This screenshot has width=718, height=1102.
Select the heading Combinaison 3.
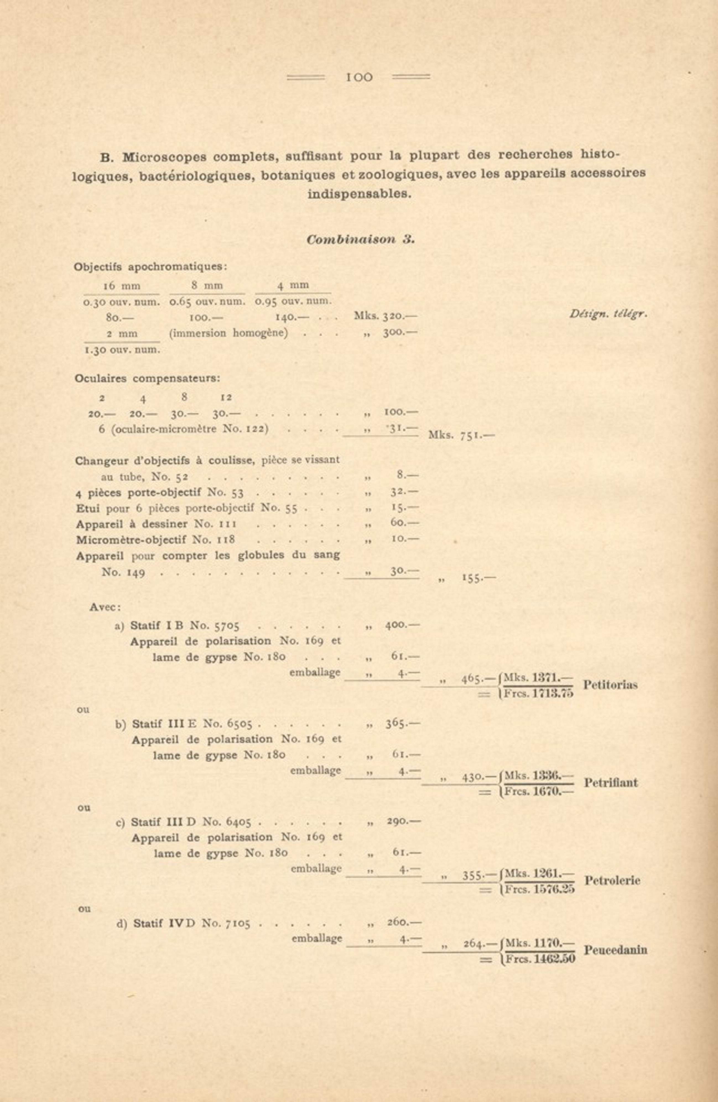click(x=360, y=240)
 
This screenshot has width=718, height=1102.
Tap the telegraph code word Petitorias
click(x=610, y=685)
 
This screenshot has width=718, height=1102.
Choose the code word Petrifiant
click(x=611, y=783)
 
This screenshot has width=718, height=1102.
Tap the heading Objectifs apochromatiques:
click(x=150, y=267)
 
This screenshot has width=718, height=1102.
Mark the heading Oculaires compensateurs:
click(x=147, y=378)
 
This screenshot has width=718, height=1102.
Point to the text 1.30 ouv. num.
click(x=122, y=350)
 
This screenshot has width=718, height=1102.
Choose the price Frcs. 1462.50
click(x=540, y=959)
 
